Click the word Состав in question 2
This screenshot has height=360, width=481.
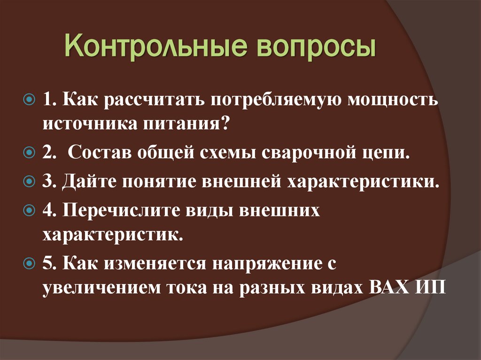pos(99,154)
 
